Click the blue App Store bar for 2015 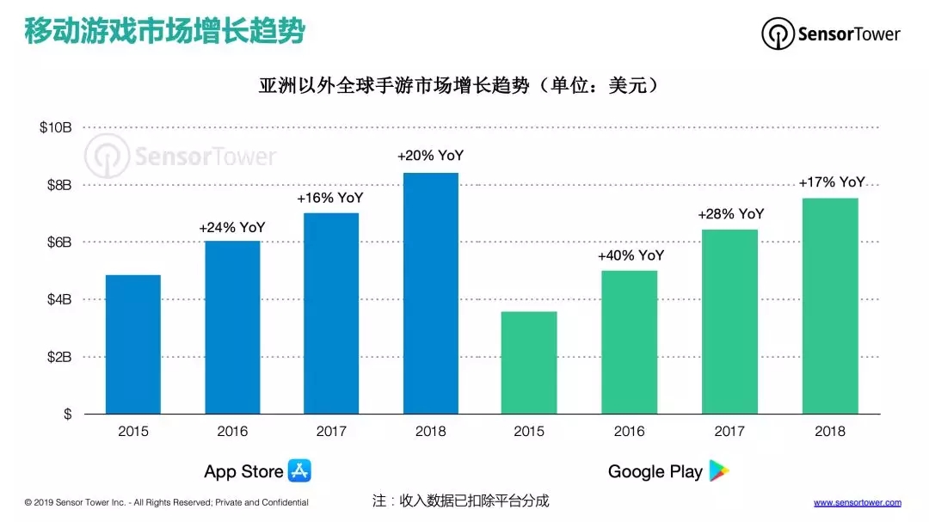click(132, 344)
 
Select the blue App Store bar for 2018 click(430, 292)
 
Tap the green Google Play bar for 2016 click(629, 342)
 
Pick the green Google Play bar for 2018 click(829, 305)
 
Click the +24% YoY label click(232, 228)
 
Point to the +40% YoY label click(631, 255)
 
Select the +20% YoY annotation click(430, 157)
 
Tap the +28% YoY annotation click(730, 214)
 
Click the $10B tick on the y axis click(56, 127)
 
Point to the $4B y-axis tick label click(59, 299)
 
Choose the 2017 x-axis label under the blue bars click(331, 431)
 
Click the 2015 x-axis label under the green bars click(529, 431)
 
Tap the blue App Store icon click(299, 470)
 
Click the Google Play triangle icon click(718, 470)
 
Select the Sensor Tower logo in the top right click(830, 34)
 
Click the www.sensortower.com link click(857, 502)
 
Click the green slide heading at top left click(163, 32)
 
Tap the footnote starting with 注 click(460, 501)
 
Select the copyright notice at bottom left click(166, 502)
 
